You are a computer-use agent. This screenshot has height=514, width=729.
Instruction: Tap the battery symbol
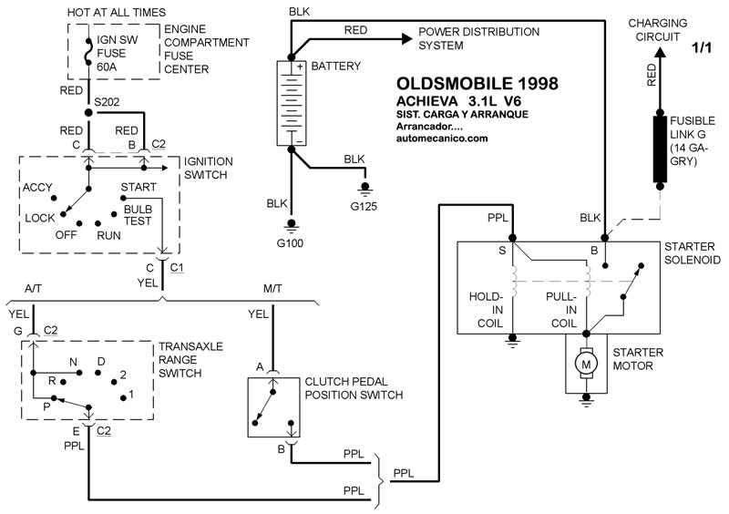point(294,101)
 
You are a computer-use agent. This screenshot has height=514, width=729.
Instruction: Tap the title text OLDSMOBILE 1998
point(477,85)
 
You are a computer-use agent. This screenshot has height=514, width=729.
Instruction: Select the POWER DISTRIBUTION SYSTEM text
point(478,38)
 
